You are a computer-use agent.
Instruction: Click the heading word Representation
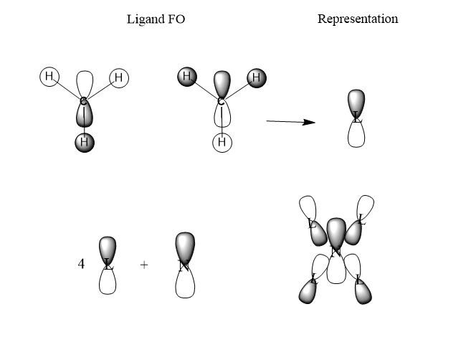pyautogui.click(x=357, y=19)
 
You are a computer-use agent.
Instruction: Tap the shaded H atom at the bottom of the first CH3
pyautogui.click(x=84, y=142)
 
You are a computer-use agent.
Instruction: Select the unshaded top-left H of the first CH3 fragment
pyautogui.click(x=49, y=76)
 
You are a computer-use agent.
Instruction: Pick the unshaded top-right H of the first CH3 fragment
pyautogui.click(x=118, y=77)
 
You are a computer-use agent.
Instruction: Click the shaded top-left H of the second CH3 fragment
pyautogui.click(x=186, y=76)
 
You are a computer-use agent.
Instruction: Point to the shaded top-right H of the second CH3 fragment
pyautogui.click(x=256, y=77)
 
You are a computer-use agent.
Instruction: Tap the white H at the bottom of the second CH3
pyautogui.click(x=222, y=143)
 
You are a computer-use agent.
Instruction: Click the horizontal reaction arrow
pyautogui.click(x=290, y=122)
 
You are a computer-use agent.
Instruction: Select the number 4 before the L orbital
pyautogui.click(x=81, y=264)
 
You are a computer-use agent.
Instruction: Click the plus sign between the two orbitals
pyautogui.click(x=144, y=265)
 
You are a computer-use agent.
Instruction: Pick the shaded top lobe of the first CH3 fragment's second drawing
pyautogui.click(x=222, y=84)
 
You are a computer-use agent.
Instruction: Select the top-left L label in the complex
pyautogui.click(x=312, y=224)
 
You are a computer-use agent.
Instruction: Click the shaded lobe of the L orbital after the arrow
pyautogui.click(x=356, y=101)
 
